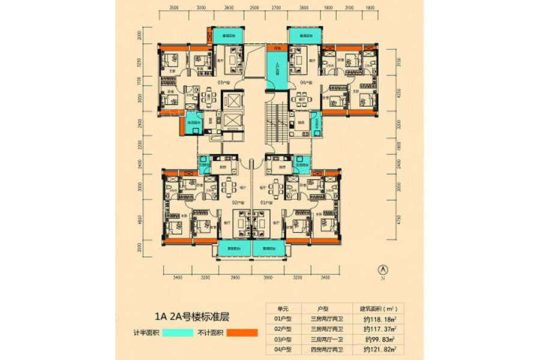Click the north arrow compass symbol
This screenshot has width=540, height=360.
(x=382, y=271)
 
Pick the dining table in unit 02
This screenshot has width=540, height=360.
(x=229, y=188)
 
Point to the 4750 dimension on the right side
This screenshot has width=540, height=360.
(x=397, y=219)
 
